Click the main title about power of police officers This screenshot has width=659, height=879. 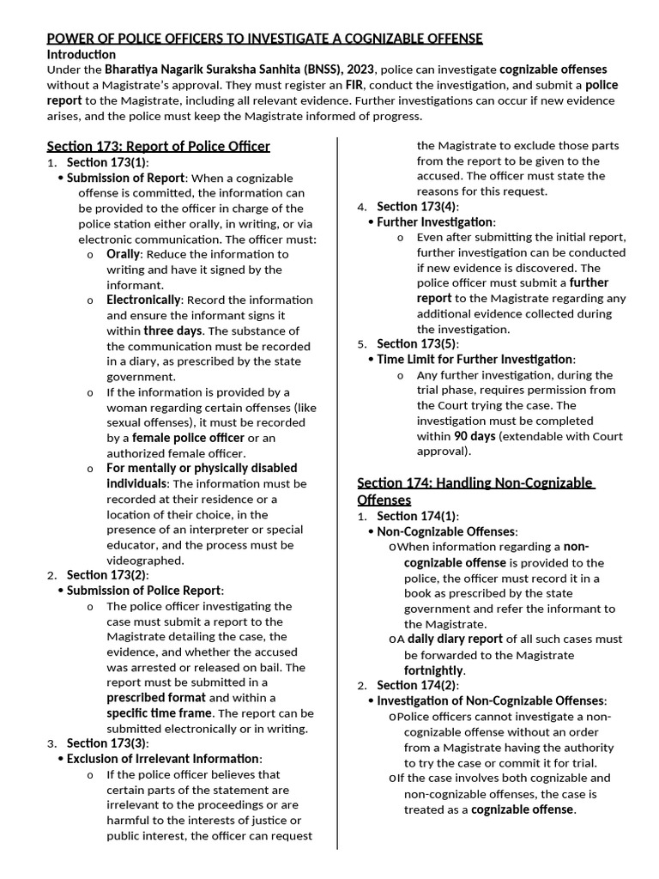click(264, 39)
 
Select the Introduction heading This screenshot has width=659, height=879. click(81, 54)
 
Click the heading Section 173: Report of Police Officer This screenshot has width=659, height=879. click(158, 146)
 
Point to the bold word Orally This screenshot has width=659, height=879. click(124, 254)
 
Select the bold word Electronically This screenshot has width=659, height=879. click(143, 300)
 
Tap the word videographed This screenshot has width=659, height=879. click(145, 561)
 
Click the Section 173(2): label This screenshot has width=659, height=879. click(107, 575)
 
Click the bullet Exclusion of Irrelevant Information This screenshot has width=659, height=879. click(164, 759)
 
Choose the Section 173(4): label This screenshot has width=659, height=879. click(417, 207)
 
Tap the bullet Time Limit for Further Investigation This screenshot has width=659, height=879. click(476, 360)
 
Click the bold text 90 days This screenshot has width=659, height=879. click(475, 436)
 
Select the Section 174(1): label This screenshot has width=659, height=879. click(417, 516)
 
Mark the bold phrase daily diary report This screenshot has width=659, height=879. click(455, 640)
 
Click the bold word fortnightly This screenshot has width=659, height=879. click(434, 670)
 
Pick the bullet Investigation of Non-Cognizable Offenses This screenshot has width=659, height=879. click(492, 701)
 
